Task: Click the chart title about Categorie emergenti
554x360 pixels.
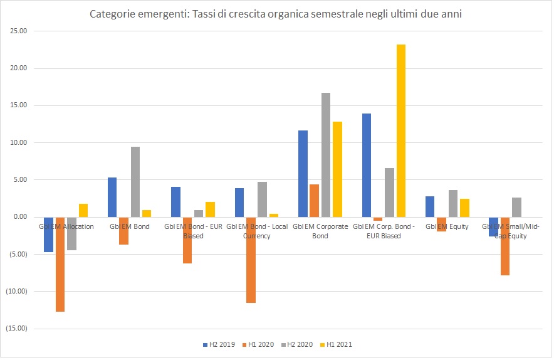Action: click(276, 14)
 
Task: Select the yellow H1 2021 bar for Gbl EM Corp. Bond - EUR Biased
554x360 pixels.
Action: click(401, 130)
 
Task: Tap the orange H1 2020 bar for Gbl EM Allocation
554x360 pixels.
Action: click(60, 264)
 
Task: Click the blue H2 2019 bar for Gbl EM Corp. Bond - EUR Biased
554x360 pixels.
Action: click(366, 165)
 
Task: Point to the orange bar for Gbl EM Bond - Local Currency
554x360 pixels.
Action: click(251, 260)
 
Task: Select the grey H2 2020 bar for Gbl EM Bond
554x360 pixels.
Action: click(135, 182)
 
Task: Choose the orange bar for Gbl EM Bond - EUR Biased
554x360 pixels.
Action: click(187, 240)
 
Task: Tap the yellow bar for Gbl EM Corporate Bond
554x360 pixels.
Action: click(337, 169)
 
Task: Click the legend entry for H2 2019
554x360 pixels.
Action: click(218, 344)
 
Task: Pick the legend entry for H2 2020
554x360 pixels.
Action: click(300, 344)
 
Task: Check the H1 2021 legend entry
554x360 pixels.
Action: click(340, 344)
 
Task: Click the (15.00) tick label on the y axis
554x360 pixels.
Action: click(19, 328)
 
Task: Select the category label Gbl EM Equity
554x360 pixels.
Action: click(447, 226)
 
